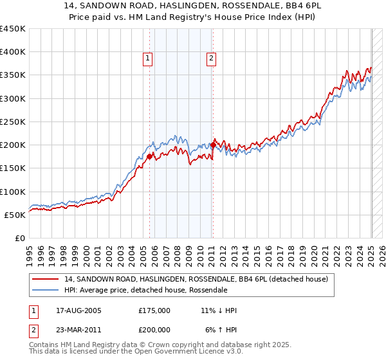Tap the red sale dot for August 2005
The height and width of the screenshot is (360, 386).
point(149,156)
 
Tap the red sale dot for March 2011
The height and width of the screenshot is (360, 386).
point(213,145)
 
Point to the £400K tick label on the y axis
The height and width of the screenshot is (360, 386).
point(13,52)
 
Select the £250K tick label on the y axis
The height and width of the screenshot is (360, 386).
point(13,122)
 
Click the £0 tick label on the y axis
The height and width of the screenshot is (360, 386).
point(20,238)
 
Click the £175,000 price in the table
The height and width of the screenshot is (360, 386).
point(154,310)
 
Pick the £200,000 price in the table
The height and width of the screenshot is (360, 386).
point(154,330)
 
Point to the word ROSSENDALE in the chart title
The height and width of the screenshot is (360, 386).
point(219,6)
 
